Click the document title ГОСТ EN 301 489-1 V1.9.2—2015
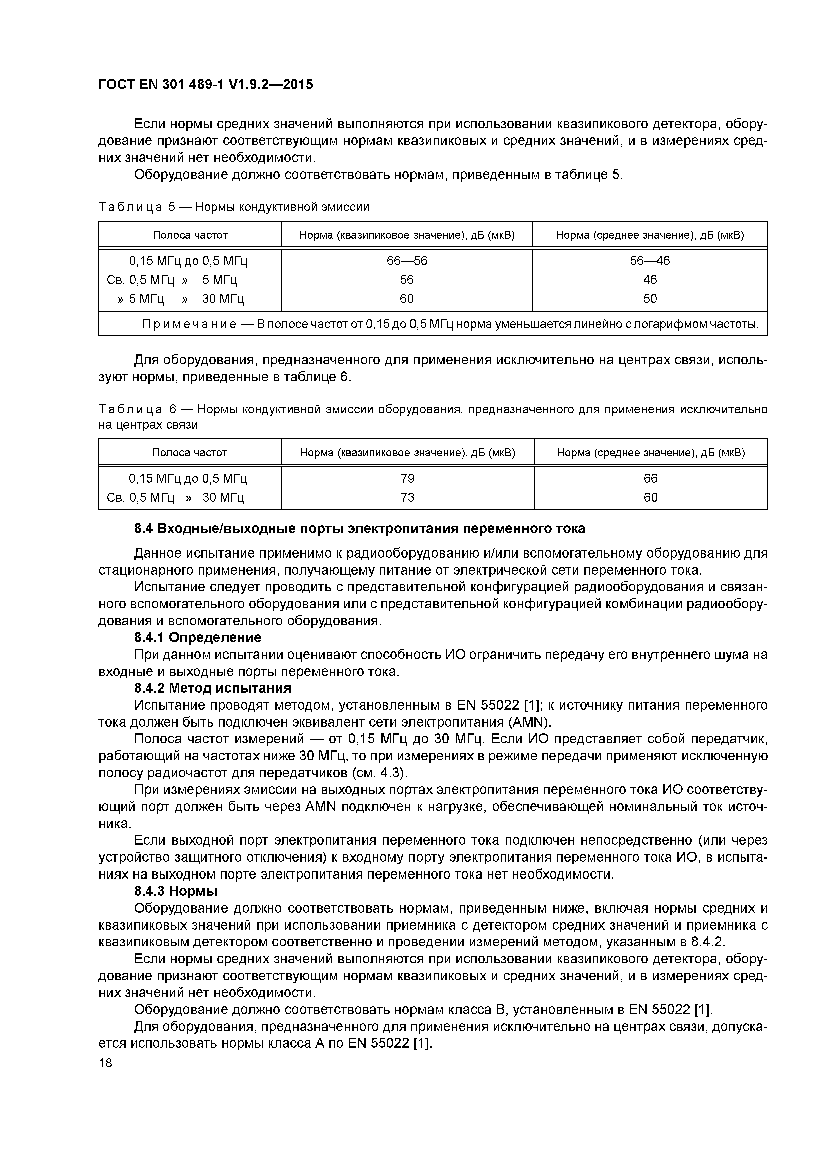pyautogui.click(x=205, y=85)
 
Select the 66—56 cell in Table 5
pyautogui.click(x=406, y=261)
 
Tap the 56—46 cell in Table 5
pyautogui.click(x=650, y=261)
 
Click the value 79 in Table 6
pyautogui.click(x=407, y=478)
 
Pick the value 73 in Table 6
pyautogui.click(x=407, y=497)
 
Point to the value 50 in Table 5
pyautogui.click(x=650, y=299)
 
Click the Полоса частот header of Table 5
pyautogui.click(x=190, y=235)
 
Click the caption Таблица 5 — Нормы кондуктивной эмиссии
pyautogui.click(x=234, y=207)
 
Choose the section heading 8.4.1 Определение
pyautogui.click(x=198, y=637)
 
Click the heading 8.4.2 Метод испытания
pyautogui.click(x=212, y=688)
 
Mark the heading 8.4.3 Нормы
pyautogui.click(x=176, y=891)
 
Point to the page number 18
pyautogui.click(x=105, y=1063)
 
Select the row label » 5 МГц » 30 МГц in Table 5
pyautogui.click(x=181, y=299)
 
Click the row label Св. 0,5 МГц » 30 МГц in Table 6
pyautogui.click(x=176, y=497)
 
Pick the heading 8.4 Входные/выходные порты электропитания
pyautogui.click(x=359, y=528)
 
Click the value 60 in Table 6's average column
pyautogui.click(x=650, y=497)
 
